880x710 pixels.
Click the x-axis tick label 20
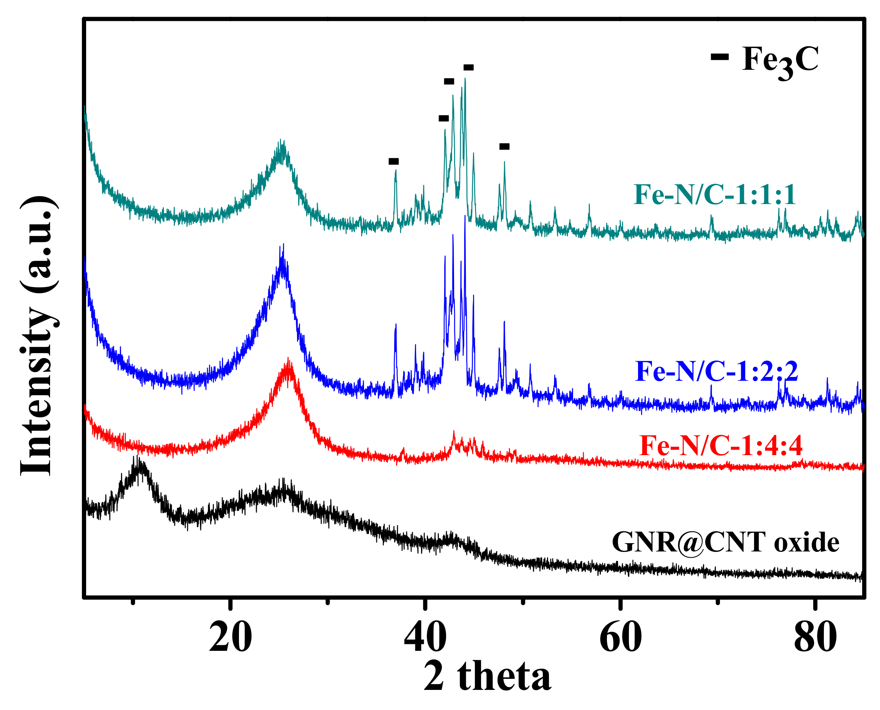[230, 638]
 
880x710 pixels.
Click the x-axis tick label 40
[425, 638]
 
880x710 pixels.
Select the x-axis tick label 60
[620, 638]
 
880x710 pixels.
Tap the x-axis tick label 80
[815, 638]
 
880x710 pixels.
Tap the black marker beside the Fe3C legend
[720, 57]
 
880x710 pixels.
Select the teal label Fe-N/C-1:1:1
[714, 195]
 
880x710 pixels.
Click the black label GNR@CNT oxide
[725, 543]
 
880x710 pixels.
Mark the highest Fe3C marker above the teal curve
[468, 68]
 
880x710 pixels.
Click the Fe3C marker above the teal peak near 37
[393, 162]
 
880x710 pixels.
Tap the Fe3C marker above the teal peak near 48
[504, 146]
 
